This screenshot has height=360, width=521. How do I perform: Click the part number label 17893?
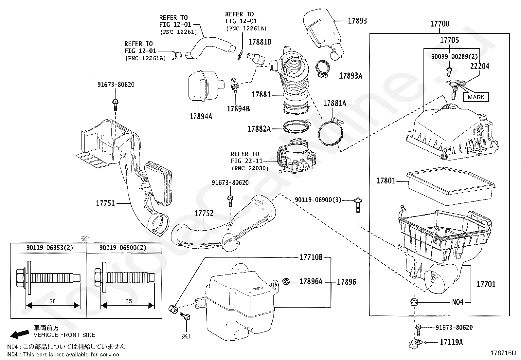pos(357,21)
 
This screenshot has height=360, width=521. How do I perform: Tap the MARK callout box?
pos(476,97)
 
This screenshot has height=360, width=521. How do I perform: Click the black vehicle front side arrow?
pos(20,334)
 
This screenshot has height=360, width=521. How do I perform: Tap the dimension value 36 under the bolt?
pos(53,301)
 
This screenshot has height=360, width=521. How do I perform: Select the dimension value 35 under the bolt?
pos(129,301)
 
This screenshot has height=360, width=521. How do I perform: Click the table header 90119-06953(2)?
pos(49,248)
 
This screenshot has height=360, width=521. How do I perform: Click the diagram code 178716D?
pos(503,353)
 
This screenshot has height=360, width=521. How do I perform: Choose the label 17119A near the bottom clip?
pos(451,342)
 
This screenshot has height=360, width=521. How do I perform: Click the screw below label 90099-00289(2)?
pos(449,72)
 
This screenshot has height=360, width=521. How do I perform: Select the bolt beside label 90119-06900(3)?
pos(358,205)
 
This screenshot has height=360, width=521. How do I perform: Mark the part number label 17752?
pos(204,213)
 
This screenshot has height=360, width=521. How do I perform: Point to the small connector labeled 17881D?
pos(256,59)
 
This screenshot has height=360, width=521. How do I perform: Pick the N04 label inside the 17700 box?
pos(458,302)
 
